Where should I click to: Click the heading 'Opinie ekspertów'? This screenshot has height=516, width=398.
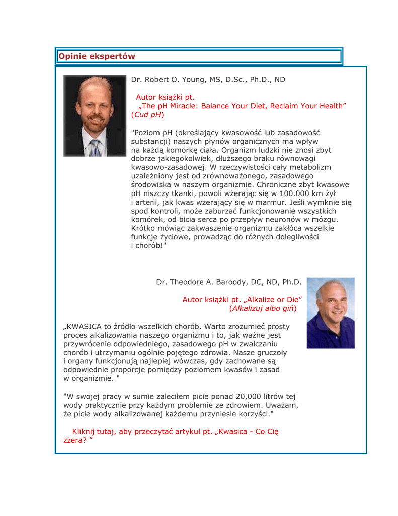pos(97,56)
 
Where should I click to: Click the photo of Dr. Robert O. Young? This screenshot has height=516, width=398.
pos(95,116)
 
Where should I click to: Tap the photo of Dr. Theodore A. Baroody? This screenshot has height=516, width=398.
pos(331,312)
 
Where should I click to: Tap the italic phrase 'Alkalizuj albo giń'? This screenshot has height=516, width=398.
pos(262,308)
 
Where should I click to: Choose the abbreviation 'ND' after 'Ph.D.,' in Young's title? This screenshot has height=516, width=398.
pos(280,80)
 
